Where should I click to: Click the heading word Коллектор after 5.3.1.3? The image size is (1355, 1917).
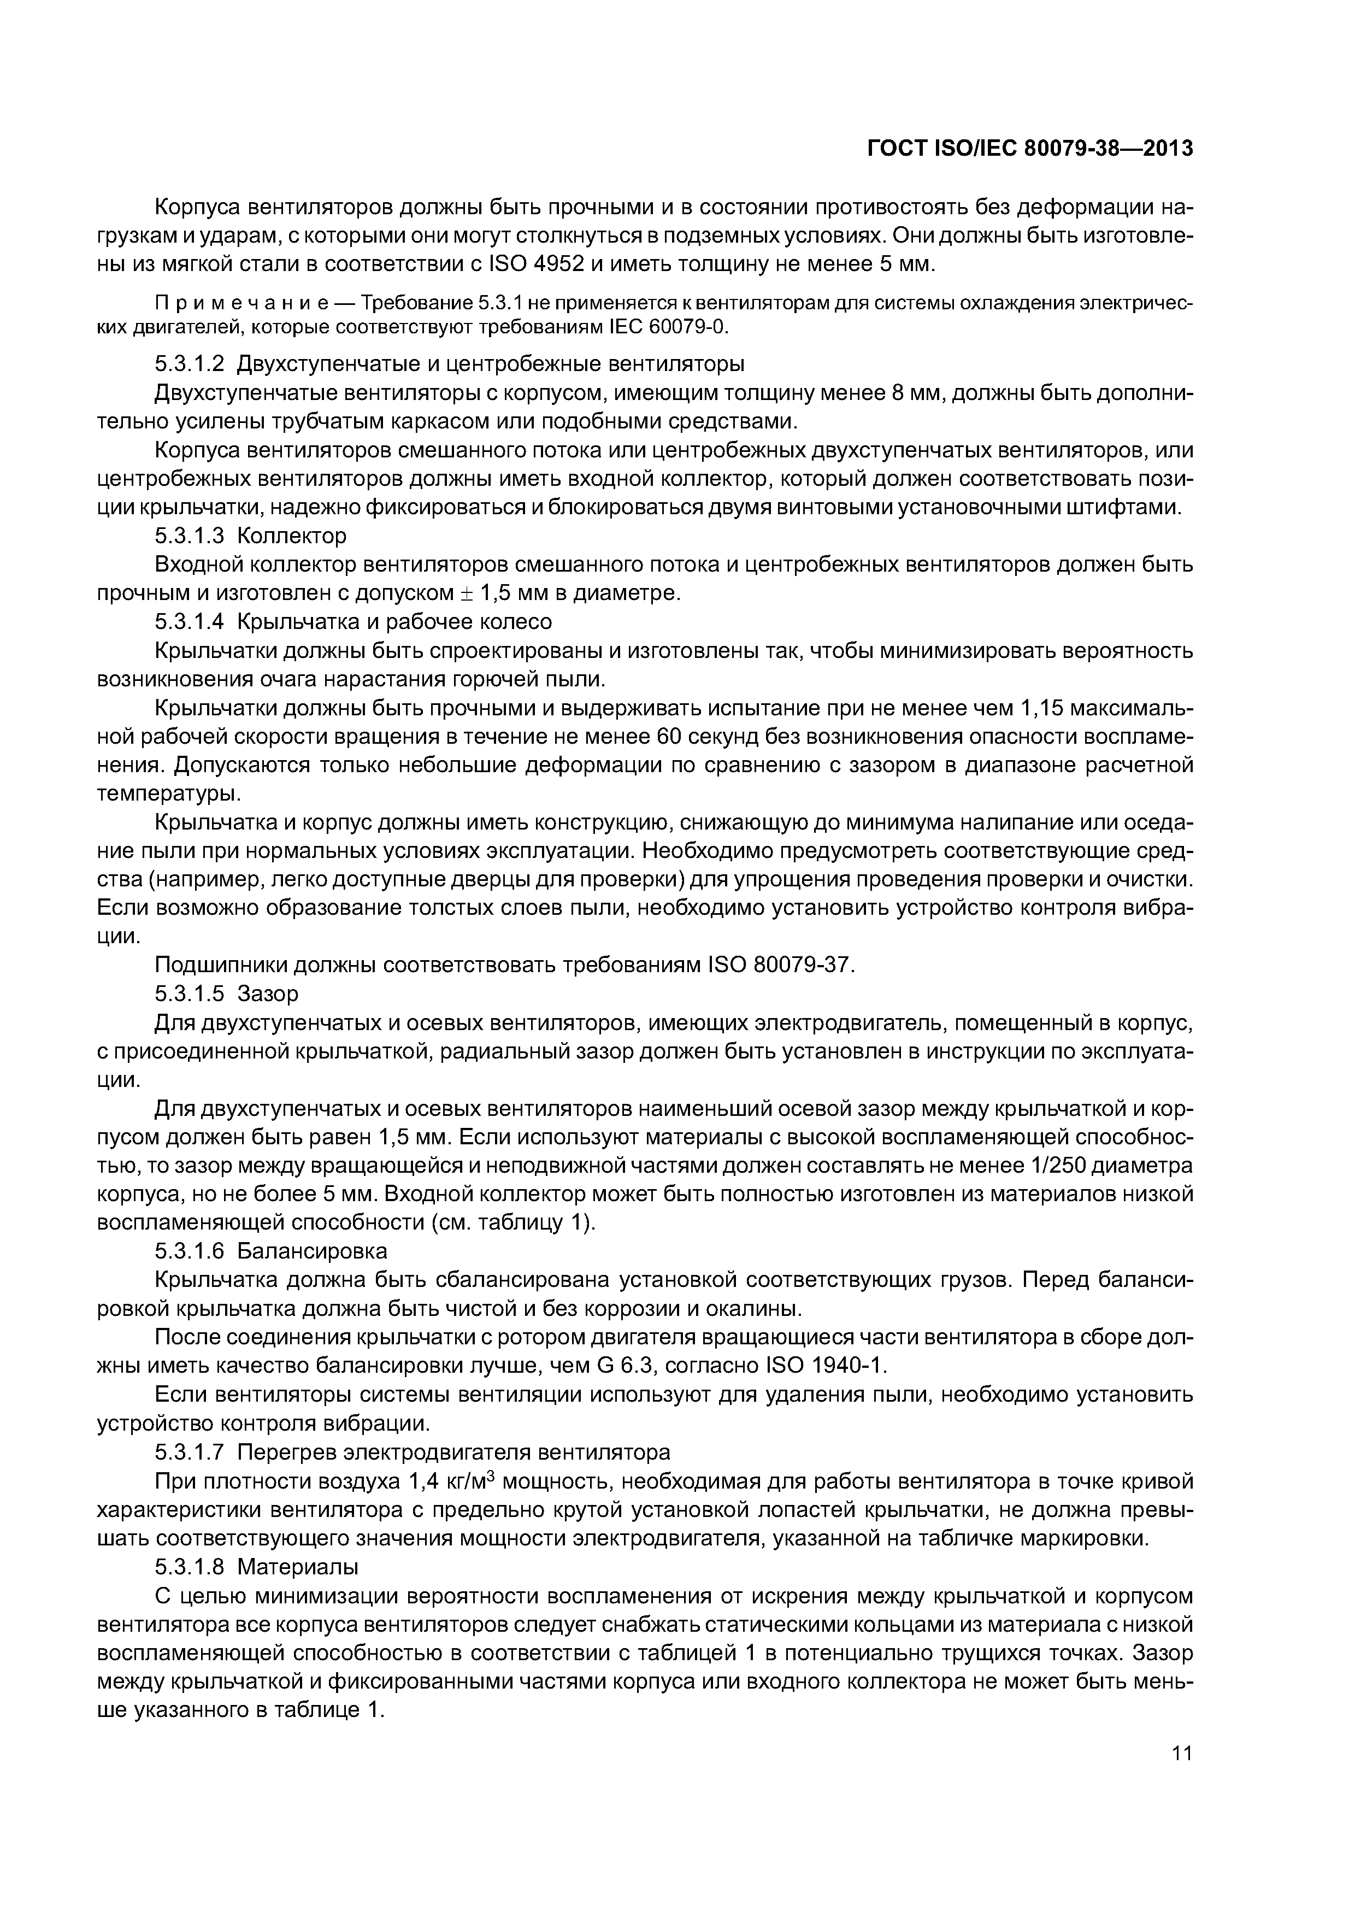click(x=291, y=535)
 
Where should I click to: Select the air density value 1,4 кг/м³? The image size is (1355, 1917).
click(x=451, y=1481)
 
